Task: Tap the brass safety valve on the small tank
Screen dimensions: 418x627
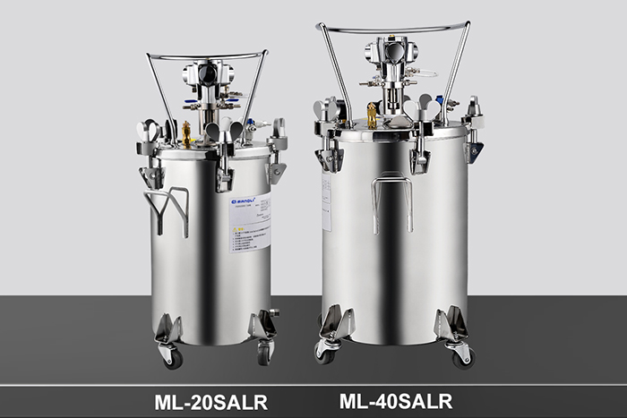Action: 186,134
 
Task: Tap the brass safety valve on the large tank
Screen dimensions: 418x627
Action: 372,115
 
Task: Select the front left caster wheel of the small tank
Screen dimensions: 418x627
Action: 170,356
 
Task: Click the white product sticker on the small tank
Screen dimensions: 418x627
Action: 245,224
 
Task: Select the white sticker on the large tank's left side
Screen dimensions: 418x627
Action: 327,202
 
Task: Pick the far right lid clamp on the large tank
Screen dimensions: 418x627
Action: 473,134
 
